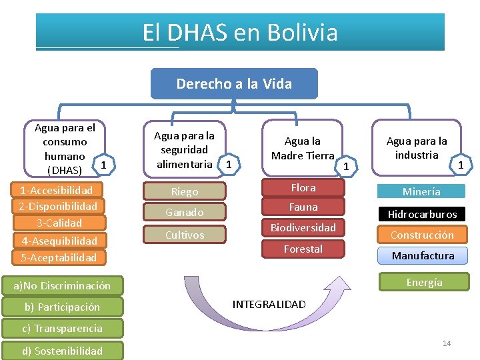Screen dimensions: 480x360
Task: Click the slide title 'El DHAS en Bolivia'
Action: coord(240,32)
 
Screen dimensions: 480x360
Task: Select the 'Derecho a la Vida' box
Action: coord(234,84)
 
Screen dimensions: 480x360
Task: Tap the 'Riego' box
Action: coord(185,191)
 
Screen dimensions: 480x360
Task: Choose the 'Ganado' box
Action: coord(185,213)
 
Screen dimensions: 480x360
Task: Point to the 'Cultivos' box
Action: coord(185,235)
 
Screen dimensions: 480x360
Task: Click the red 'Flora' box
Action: coord(303,188)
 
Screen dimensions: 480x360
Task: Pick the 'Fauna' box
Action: coord(303,207)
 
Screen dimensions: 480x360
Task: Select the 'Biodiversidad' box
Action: coord(303,227)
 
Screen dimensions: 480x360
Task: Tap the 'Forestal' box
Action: coord(303,249)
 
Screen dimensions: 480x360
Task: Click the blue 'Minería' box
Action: coord(421,191)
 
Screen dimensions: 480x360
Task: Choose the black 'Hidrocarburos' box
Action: coord(422,214)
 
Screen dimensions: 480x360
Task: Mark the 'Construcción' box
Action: coord(422,235)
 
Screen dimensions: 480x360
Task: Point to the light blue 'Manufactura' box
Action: coord(423,255)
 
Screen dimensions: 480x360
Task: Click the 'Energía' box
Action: coord(424,282)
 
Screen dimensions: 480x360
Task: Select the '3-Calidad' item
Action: coord(59,223)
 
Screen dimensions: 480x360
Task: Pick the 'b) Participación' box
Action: coord(62,307)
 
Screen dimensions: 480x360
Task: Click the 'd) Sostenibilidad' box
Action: coord(63,351)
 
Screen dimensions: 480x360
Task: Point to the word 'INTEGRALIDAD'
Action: coord(269,304)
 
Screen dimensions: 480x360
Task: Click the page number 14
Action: coord(447,343)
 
